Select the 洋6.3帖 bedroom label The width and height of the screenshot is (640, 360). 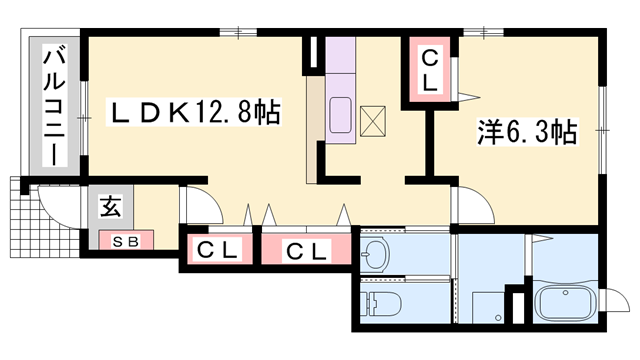525,131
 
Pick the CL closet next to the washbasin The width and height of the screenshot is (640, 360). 307,250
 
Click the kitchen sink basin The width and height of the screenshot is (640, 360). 340,115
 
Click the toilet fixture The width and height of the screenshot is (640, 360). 382,303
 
